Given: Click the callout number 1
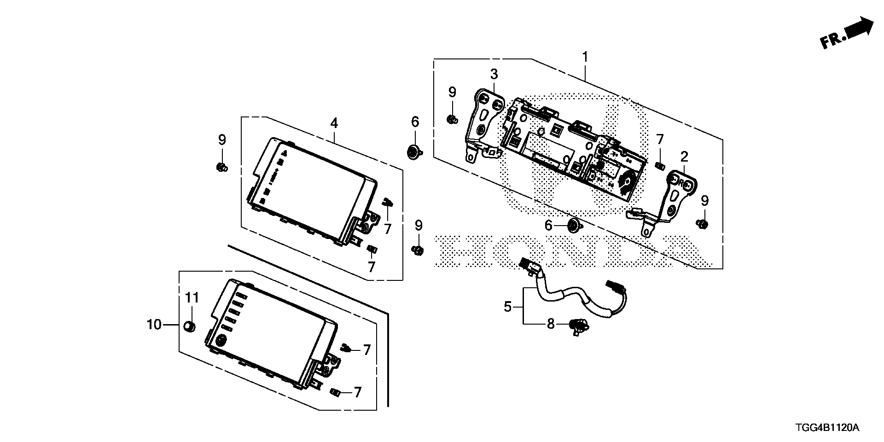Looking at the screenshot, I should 585,58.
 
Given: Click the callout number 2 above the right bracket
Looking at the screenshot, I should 684,157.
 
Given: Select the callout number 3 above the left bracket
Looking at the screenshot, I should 494,74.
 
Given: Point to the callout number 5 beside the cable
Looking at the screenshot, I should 507,306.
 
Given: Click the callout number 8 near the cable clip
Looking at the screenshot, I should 551,324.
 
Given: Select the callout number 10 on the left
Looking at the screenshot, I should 154,325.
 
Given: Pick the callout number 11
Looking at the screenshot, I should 192,298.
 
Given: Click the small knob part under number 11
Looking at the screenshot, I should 189,326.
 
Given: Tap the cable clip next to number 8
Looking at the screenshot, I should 578,326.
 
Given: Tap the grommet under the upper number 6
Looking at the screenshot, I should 414,151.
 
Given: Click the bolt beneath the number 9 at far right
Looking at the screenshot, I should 703,224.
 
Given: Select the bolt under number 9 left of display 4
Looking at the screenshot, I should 221,167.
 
